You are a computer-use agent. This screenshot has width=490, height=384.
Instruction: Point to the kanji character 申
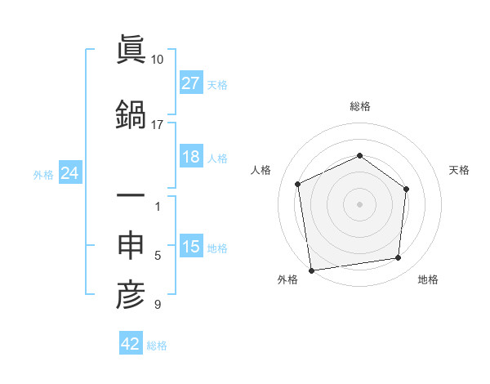(131, 246)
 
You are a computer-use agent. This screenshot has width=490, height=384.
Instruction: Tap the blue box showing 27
(191, 83)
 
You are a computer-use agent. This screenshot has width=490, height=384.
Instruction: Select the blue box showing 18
(191, 157)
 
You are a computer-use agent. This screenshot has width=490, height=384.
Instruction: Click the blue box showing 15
(191, 248)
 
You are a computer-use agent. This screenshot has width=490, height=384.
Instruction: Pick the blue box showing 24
(70, 173)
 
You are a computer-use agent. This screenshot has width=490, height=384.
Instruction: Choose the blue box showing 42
(131, 344)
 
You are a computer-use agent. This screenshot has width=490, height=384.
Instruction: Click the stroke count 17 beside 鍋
(158, 125)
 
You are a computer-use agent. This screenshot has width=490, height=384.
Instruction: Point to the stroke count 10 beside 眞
(158, 60)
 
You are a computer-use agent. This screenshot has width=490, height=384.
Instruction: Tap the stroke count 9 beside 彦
(158, 306)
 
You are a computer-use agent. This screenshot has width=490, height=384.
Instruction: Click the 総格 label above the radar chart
(359, 106)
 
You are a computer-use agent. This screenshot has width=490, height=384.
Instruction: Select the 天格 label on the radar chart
(459, 170)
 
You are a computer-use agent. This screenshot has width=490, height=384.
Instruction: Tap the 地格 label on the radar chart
(428, 279)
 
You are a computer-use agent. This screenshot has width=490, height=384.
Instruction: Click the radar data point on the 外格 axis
(311, 270)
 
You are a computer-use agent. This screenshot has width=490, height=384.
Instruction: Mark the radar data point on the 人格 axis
(298, 184)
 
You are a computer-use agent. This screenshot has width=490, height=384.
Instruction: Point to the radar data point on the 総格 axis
(359, 155)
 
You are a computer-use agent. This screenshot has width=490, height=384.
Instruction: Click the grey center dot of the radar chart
(359, 203)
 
